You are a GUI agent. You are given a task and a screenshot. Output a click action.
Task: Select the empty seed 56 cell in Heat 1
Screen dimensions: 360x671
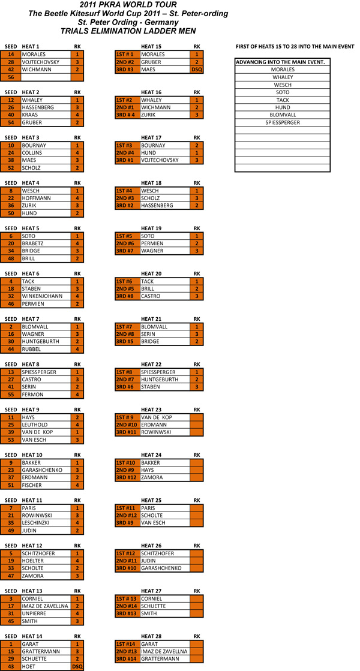tap(11, 77)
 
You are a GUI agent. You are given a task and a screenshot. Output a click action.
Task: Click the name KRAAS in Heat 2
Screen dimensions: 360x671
tap(29, 115)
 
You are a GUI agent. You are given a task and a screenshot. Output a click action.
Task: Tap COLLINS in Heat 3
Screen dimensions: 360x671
tap(31, 153)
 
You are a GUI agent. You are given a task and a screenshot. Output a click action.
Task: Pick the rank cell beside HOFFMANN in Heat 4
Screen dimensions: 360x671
tap(77, 198)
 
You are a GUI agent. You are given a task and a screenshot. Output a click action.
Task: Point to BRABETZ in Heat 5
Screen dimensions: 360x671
tap(32, 243)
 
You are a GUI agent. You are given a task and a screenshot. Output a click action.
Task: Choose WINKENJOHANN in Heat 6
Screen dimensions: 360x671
tap(41, 296)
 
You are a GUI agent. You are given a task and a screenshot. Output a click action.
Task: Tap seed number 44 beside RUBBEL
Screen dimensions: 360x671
tap(11, 349)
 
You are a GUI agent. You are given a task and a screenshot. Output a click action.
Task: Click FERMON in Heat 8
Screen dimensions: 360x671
tap(32, 395)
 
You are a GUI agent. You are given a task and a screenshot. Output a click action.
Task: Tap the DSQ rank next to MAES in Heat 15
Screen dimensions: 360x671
tap(197, 70)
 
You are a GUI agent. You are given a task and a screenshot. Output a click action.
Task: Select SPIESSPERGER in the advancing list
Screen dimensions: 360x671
tap(283, 122)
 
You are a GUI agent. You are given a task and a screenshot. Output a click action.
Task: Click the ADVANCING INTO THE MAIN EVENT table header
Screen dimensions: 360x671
tap(280, 62)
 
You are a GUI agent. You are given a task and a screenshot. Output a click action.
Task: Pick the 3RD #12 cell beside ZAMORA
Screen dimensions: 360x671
tap(127, 477)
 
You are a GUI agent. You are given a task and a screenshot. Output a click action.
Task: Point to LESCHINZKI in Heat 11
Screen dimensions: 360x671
tap(36, 523)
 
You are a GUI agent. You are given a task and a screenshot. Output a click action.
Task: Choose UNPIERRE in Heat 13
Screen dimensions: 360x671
tap(34, 613)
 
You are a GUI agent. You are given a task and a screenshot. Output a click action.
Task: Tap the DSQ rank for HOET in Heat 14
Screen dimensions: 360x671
tap(77, 667)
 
